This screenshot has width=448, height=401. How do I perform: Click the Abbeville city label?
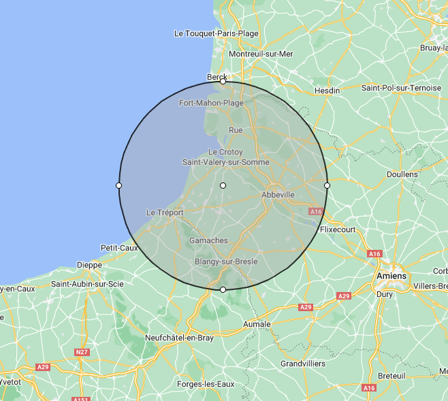278,195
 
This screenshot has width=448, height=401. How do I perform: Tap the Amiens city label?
391,276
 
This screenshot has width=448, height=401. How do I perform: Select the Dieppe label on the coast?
89,265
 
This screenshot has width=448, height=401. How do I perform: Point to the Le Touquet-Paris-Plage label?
216,33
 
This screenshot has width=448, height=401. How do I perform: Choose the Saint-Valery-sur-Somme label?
226,162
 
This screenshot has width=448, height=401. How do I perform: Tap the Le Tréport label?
165,212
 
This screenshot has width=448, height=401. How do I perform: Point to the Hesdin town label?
327,91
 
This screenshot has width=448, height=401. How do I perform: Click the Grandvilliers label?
303,364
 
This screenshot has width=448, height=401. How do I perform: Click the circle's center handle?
223,185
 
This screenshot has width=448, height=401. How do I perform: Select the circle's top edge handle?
223,81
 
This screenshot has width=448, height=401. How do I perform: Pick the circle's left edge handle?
119,185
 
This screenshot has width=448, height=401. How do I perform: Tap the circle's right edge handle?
327,185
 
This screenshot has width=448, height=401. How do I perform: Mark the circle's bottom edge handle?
223,290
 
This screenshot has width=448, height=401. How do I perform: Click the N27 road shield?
82,352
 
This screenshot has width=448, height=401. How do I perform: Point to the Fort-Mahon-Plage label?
211,103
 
